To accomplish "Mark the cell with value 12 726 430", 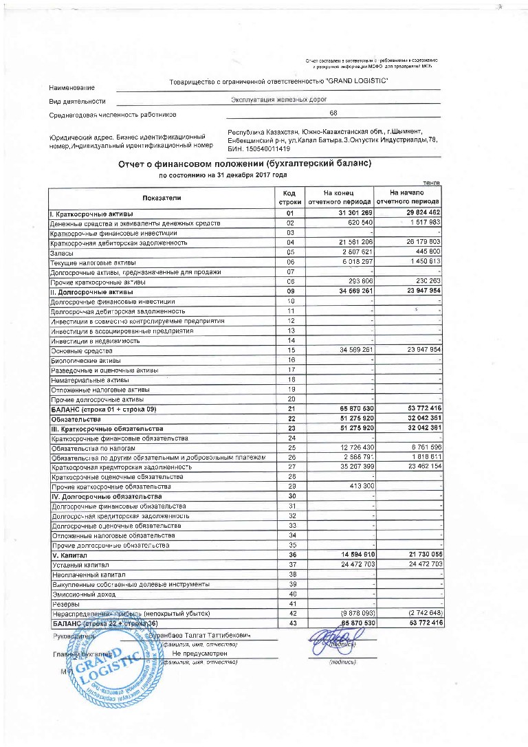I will (x=351, y=449).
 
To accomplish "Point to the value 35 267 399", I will (x=351, y=467).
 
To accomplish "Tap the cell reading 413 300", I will (x=357, y=487).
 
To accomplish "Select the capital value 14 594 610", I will (x=351, y=554).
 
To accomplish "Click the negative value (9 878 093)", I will (x=351, y=612).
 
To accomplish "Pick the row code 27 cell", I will (x=290, y=467).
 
